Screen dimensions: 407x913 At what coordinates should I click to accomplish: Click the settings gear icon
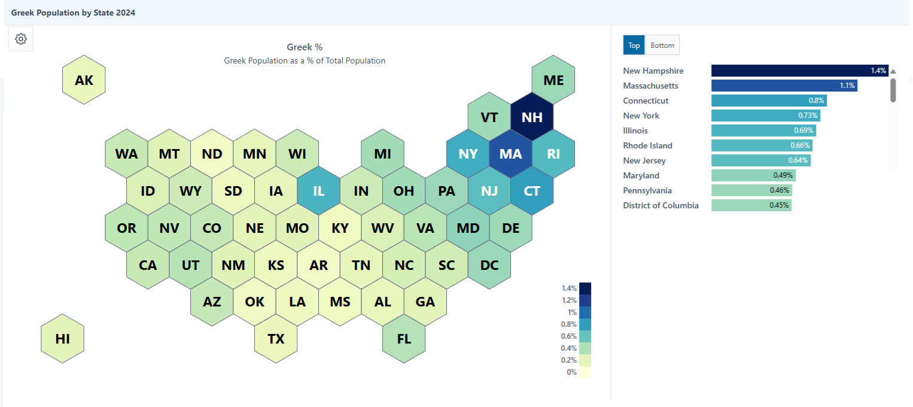click(21, 39)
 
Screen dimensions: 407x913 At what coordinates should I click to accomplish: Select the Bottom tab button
click(662, 45)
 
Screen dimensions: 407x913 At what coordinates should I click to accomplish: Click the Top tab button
click(634, 45)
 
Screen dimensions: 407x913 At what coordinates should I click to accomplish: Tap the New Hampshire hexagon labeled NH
click(532, 117)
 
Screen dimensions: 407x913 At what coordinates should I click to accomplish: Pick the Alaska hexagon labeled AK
click(84, 80)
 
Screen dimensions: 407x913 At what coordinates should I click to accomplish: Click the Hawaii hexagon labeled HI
click(62, 339)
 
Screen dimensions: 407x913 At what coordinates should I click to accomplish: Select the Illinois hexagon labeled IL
click(318, 192)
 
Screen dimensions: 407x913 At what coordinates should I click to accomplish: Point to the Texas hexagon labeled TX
click(276, 339)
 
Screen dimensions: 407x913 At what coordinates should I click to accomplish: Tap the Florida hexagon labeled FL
click(404, 339)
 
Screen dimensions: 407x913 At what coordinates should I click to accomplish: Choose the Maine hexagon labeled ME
click(553, 80)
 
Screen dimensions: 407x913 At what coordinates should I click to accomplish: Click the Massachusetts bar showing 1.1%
click(784, 86)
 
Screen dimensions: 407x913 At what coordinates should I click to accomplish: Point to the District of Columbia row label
click(661, 205)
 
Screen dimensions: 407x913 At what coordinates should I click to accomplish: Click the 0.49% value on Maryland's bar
click(783, 175)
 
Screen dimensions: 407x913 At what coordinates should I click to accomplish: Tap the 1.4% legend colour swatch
click(585, 288)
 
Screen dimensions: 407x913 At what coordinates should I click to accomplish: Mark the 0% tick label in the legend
click(571, 372)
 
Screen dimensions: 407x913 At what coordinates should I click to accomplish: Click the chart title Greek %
click(305, 47)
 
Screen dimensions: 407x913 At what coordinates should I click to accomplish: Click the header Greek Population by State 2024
click(73, 13)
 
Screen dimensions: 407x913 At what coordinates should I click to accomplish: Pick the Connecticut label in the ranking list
click(646, 101)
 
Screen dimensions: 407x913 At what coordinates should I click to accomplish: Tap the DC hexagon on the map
click(489, 265)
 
